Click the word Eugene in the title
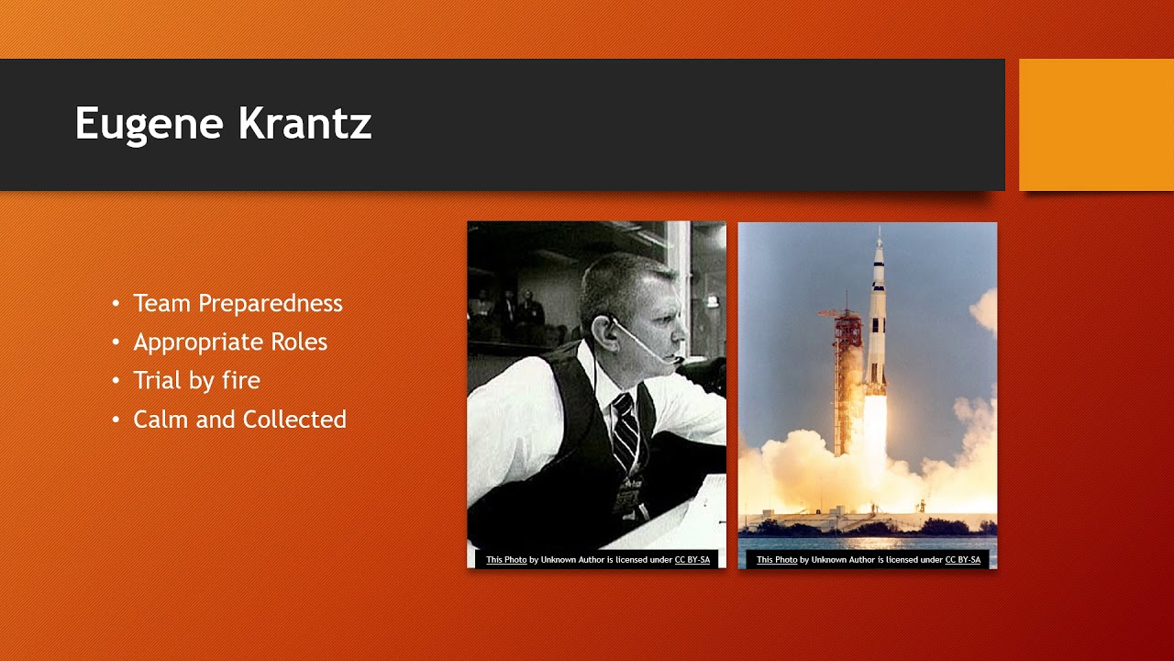[x=150, y=124]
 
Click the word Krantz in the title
[x=305, y=123]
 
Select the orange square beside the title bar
[x=1096, y=125]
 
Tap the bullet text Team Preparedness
[x=238, y=303]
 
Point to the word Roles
[x=299, y=342]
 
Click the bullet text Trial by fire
[x=196, y=380]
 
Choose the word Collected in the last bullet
[x=294, y=420]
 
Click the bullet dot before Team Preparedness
[x=116, y=303]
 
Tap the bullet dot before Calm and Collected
[x=116, y=420]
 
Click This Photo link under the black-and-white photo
[x=506, y=560]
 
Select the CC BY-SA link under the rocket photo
[x=963, y=560]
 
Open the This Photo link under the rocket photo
[x=777, y=560]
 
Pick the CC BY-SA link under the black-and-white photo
[x=692, y=560]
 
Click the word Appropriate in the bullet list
[x=198, y=342]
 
